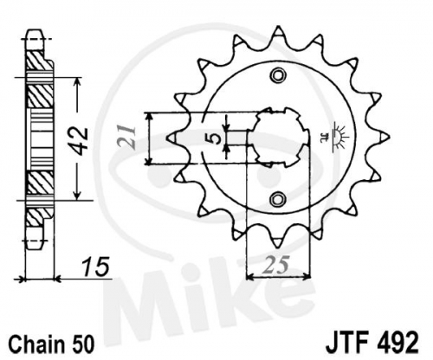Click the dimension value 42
[79, 140]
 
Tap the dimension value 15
[96, 267]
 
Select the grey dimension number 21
[128, 138]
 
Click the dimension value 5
[215, 138]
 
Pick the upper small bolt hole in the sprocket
[278, 75]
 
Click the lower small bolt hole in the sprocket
[278, 199]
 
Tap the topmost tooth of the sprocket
[278, 31]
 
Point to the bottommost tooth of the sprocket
[278, 241]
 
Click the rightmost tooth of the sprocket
[384, 137]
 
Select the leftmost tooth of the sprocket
[174, 137]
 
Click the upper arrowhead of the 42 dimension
[76, 82]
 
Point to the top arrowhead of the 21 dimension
[149, 117]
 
